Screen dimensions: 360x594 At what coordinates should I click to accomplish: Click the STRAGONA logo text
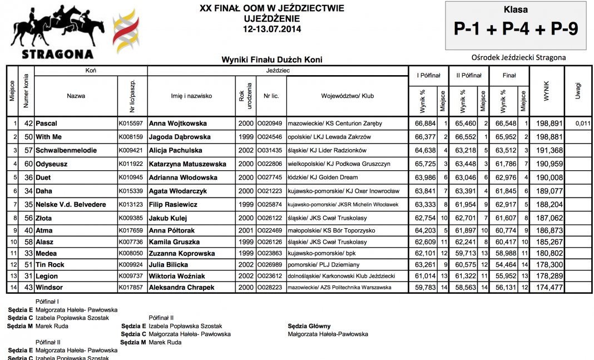tap(57, 54)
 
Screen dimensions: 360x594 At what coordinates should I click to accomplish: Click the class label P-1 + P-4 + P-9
tap(516, 29)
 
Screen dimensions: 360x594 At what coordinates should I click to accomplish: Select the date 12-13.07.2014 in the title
tap(272, 28)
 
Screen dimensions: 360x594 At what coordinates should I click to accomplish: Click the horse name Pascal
tap(46, 123)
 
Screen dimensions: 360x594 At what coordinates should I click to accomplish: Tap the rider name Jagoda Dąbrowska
tap(180, 137)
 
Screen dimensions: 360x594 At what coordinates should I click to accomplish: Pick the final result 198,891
tap(547, 123)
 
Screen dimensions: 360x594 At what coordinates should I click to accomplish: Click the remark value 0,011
tap(581, 123)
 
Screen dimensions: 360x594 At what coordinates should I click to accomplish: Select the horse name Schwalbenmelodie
tap(66, 150)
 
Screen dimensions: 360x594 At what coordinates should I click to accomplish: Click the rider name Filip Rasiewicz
tap(173, 205)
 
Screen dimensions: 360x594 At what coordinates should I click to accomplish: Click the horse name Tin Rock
tap(49, 265)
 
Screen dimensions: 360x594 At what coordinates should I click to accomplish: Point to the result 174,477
tap(547, 287)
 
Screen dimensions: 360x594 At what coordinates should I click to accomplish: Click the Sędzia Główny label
tap(309, 326)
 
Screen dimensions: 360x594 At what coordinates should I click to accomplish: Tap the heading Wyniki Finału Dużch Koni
tap(272, 60)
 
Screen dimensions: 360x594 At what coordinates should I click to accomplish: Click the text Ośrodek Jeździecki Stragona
tap(518, 57)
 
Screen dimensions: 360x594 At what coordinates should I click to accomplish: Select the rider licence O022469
tap(269, 230)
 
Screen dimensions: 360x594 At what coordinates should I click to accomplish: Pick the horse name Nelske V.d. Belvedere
tap(70, 205)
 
